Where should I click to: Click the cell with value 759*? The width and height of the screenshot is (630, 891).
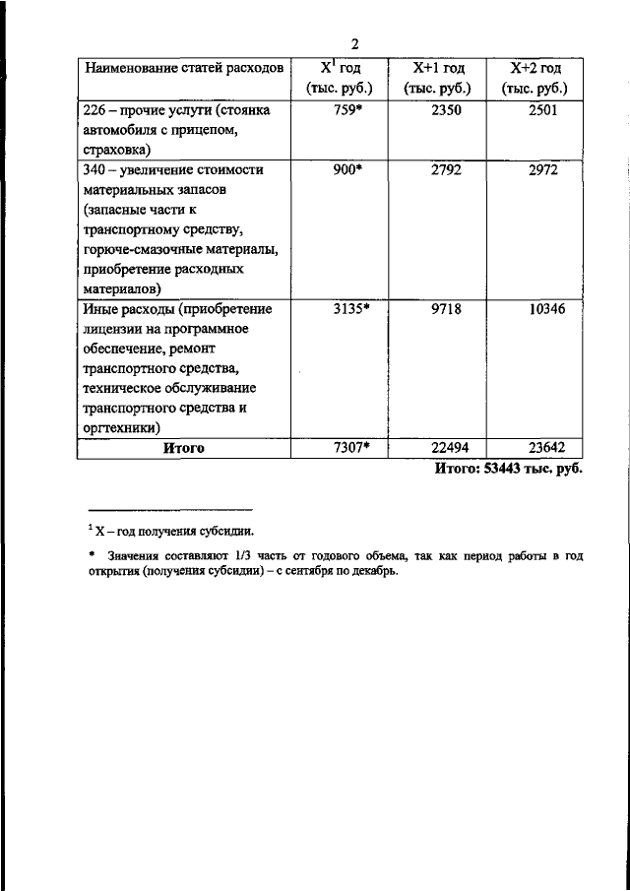[348, 110]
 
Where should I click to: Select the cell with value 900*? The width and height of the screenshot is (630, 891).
[348, 169]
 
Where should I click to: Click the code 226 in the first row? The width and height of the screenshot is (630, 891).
[94, 110]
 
